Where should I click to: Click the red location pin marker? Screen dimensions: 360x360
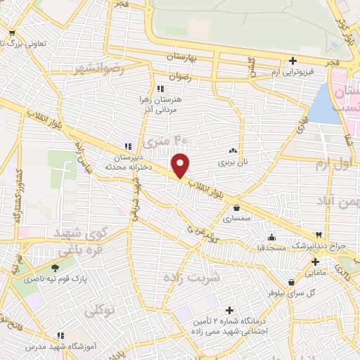pyautogui.click(x=181, y=166)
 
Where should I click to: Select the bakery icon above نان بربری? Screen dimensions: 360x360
pyautogui.click(x=233, y=150)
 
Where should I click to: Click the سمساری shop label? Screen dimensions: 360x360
pyautogui.click(x=236, y=219)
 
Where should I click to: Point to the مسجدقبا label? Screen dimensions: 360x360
pyautogui.click(x=271, y=247)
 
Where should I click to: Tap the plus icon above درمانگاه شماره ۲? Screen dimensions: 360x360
pyautogui.click(x=229, y=309)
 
